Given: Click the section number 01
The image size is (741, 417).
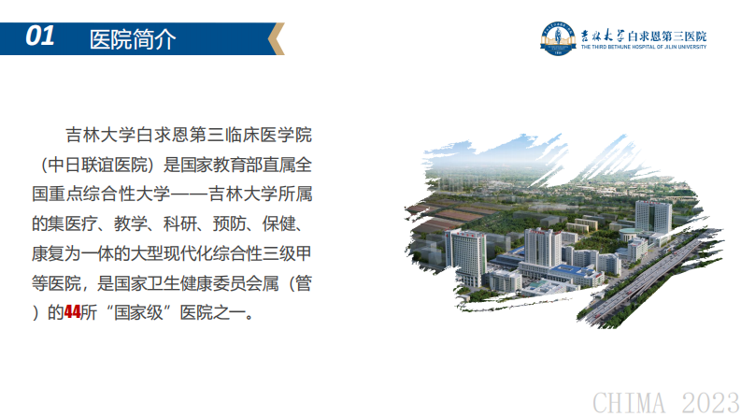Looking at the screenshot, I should (x=39, y=36).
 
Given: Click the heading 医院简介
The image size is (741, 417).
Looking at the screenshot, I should (x=131, y=39).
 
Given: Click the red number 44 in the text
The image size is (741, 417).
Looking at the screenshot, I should (x=72, y=312).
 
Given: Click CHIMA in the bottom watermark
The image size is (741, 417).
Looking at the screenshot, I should (x=629, y=402).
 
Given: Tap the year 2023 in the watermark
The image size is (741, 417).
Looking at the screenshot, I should (x=708, y=402).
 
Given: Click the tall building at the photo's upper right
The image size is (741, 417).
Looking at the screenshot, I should (x=652, y=215).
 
